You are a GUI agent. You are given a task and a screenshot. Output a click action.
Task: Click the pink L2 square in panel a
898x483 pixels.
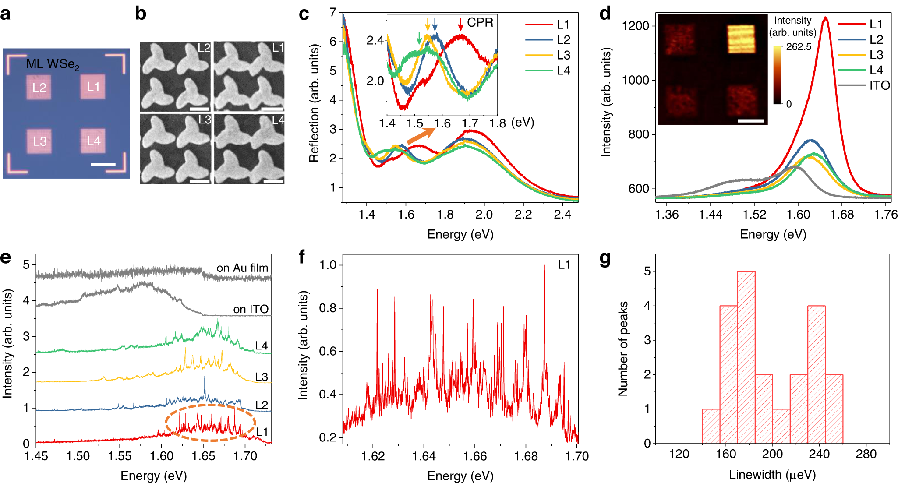[39, 88]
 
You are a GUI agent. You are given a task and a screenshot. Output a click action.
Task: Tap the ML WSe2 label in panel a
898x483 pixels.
[53, 64]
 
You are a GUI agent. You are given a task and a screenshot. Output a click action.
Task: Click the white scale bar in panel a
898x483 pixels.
[103, 165]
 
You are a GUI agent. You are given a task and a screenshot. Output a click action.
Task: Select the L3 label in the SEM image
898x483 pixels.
[205, 120]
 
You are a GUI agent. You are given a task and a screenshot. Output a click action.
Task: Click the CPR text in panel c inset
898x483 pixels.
[480, 23]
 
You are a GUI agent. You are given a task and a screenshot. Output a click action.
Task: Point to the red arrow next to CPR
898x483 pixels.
[460, 25]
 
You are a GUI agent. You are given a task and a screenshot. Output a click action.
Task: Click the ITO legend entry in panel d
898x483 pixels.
[879, 86]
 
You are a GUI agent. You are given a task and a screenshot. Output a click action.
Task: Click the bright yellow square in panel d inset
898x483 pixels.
[741, 39]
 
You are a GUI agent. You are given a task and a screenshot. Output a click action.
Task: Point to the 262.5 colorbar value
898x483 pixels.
[799, 47]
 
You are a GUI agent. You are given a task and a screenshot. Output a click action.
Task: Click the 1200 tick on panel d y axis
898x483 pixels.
[635, 26]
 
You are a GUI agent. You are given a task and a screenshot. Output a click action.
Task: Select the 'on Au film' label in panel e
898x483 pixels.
[242, 268]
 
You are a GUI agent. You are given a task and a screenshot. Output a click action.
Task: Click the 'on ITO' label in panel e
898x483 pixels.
[251, 309]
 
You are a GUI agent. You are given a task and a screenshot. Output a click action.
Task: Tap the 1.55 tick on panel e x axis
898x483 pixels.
[120, 456]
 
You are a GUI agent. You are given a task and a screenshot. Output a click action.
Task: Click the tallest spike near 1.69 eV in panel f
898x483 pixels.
[544, 266]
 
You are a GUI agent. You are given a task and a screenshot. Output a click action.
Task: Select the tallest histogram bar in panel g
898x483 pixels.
[746, 357]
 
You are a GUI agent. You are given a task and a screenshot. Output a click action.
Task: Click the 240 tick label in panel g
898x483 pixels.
[819, 454]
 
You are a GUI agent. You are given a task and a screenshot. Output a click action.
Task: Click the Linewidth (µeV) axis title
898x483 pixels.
[772, 475]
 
